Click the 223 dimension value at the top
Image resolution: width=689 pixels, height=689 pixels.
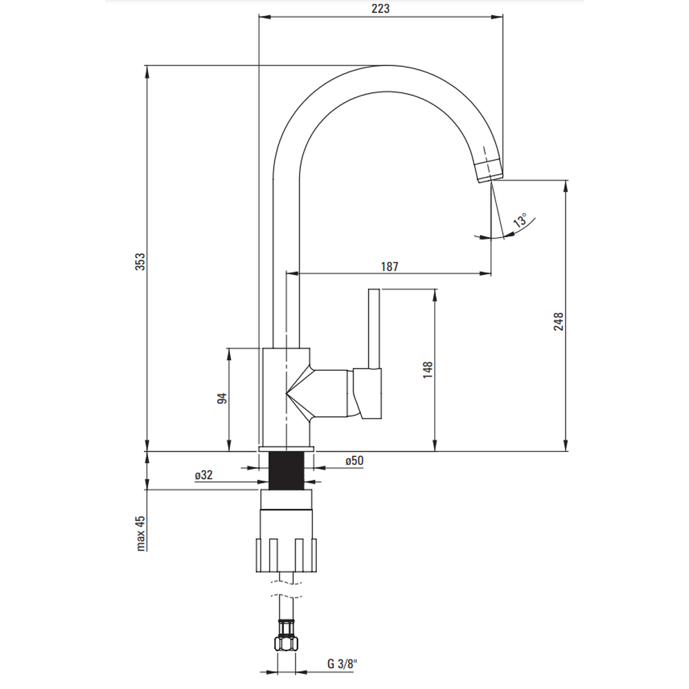(x=381, y=9)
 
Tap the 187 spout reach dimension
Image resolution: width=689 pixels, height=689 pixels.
(x=389, y=266)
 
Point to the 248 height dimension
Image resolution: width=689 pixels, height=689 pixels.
(x=559, y=322)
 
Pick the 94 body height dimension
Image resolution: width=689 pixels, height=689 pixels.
(x=221, y=399)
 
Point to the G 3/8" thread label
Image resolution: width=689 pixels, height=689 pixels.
(x=342, y=665)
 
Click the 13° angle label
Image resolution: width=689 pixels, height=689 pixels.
(x=522, y=220)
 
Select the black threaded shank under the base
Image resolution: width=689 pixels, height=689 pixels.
(x=286, y=471)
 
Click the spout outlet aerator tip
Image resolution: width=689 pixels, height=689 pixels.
(x=488, y=169)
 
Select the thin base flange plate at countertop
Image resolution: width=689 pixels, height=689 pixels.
(x=286, y=449)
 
